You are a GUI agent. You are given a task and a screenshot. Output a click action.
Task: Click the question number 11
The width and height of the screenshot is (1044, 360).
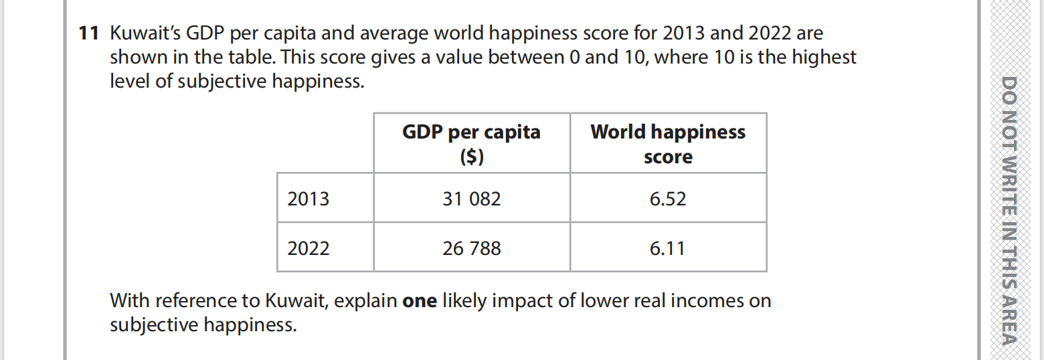(88, 33)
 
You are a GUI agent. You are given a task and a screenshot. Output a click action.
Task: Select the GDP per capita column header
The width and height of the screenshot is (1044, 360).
(471, 132)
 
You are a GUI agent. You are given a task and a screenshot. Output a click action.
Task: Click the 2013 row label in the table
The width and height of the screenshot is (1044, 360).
(309, 199)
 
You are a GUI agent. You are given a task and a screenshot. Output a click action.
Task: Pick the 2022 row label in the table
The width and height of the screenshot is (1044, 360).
(309, 249)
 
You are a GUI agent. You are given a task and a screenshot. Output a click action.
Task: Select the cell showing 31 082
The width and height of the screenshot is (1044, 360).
(471, 199)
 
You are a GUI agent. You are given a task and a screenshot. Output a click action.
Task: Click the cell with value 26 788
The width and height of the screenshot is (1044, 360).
(471, 249)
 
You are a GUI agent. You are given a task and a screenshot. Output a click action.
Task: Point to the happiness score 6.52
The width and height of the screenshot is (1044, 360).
(668, 199)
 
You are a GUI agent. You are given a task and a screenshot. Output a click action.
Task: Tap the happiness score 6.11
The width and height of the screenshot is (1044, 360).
(668, 249)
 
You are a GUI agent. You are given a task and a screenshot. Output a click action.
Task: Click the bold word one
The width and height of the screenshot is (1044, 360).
(420, 301)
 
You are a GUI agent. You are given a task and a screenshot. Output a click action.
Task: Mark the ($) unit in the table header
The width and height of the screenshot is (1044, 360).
(472, 157)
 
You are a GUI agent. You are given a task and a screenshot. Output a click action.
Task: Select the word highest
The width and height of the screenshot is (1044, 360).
(824, 58)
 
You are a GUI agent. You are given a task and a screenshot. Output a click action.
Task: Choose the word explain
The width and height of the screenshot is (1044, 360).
(365, 301)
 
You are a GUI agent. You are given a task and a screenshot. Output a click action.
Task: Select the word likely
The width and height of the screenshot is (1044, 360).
(464, 301)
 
